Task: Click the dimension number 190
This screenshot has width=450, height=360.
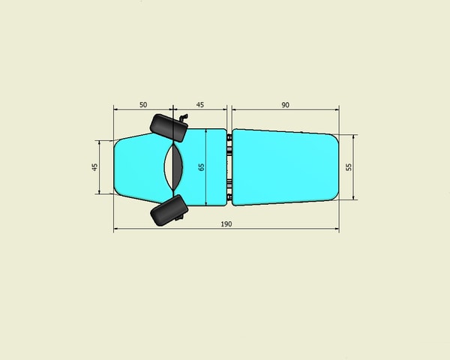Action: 226,224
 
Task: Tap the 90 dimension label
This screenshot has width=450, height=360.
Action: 285,105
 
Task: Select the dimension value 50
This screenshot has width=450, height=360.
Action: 143,105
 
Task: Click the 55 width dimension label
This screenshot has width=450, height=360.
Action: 349,167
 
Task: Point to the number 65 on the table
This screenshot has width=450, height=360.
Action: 201,167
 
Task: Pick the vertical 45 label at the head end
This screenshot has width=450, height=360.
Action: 94,167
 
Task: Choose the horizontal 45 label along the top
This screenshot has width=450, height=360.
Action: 200,105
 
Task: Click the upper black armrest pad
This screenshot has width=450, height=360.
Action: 169,127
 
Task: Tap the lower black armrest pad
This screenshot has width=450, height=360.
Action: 169,210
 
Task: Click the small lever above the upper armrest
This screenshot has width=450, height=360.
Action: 184,117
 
